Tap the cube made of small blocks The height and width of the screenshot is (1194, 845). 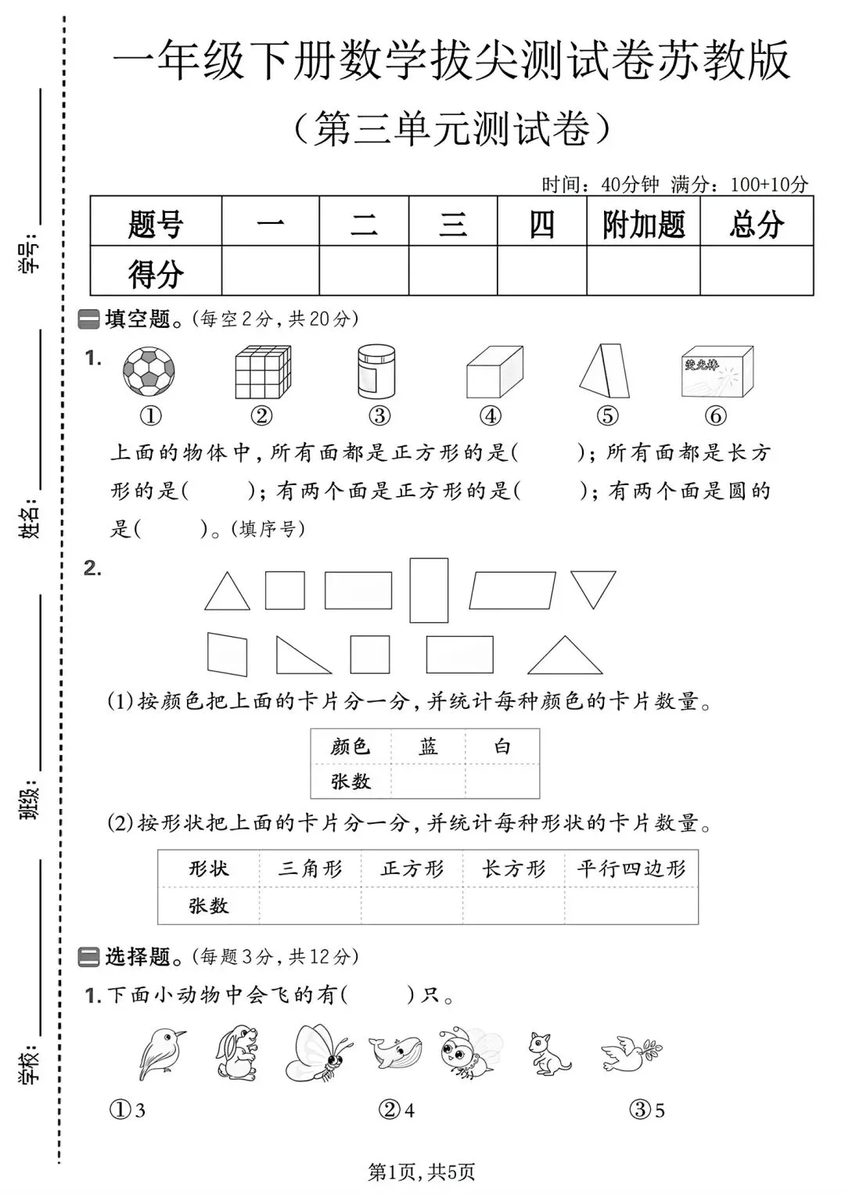[x=263, y=372]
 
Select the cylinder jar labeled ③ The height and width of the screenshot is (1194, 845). [x=376, y=372]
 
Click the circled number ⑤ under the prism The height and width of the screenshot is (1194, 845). [x=606, y=415]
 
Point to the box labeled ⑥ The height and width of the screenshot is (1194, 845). [x=717, y=372]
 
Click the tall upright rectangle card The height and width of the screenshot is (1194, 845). [x=429, y=590]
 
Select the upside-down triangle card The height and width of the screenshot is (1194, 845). [x=593, y=587]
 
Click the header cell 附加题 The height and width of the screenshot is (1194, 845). [x=643, y=225]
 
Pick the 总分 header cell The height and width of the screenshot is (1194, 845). [x=757, y=225]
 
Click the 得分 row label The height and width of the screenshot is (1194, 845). [x=156, y=273]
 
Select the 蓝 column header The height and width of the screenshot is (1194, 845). [x=428, y=746]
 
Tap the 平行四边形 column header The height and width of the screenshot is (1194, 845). [x=631, y=869]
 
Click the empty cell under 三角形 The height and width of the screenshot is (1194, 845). [x=310, y=906]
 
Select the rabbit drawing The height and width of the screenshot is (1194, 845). [x=237, y=1054]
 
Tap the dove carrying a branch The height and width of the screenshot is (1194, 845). [x=631, y=1052]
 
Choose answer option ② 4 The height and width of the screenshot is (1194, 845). [x=397, y=1110]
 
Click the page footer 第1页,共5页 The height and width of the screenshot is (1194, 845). [x=422, y=1171]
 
